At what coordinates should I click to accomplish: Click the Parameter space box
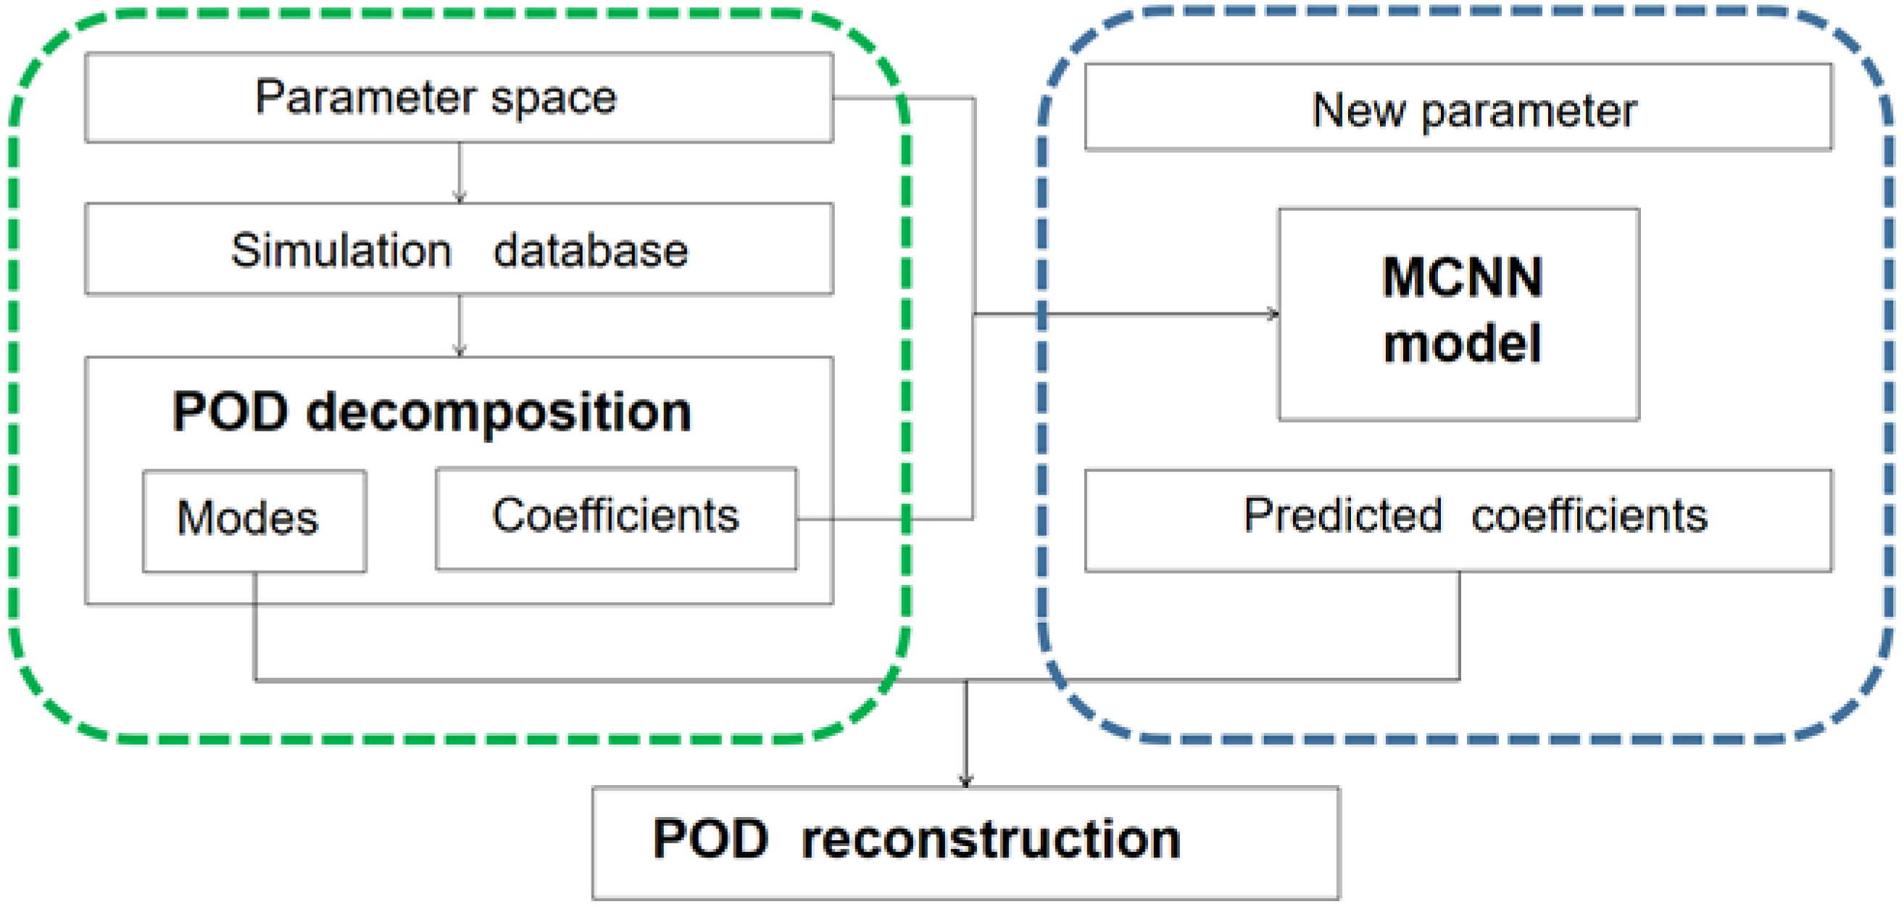pos(458,97)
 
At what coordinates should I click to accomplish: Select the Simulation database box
pos(458,249)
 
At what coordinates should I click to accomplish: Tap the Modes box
pos(254,521)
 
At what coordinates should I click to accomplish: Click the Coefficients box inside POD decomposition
pos(615,518)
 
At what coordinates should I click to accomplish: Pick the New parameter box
pos(1458,108)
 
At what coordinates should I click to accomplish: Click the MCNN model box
pos(1458,314)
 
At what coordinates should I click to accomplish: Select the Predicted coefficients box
pos(1458,520)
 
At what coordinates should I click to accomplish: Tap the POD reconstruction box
pos(965,842)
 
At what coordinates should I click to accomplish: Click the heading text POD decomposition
pos(432,412)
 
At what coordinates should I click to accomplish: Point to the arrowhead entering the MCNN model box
pos(1273,314)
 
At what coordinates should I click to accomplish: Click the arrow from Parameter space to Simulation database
pos(459,172)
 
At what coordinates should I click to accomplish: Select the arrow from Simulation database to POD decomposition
pos(459,326)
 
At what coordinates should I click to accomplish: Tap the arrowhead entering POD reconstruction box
pos(965,780)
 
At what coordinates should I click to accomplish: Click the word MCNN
pos(1462,278)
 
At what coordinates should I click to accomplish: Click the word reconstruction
pos(991,840)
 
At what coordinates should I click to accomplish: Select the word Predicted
pos(1342,515)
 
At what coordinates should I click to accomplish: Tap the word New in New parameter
pos(1358,111)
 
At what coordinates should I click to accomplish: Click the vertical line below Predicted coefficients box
pos(1459,624)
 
